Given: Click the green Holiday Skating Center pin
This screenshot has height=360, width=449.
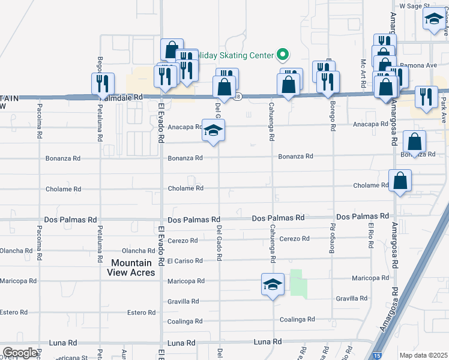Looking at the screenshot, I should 282,55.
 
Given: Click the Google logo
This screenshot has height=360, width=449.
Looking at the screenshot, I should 19,353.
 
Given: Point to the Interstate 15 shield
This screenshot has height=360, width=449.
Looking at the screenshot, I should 376,355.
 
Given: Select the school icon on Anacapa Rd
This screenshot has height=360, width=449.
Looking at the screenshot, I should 212,130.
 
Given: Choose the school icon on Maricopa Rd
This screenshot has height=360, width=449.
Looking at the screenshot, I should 273,284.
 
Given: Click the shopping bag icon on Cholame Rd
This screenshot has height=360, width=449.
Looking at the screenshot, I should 400,180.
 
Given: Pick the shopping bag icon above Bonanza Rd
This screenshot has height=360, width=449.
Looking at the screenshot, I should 415,142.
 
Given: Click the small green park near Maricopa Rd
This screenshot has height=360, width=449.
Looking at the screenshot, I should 298,283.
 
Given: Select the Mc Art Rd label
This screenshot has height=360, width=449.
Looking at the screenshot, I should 363,73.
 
